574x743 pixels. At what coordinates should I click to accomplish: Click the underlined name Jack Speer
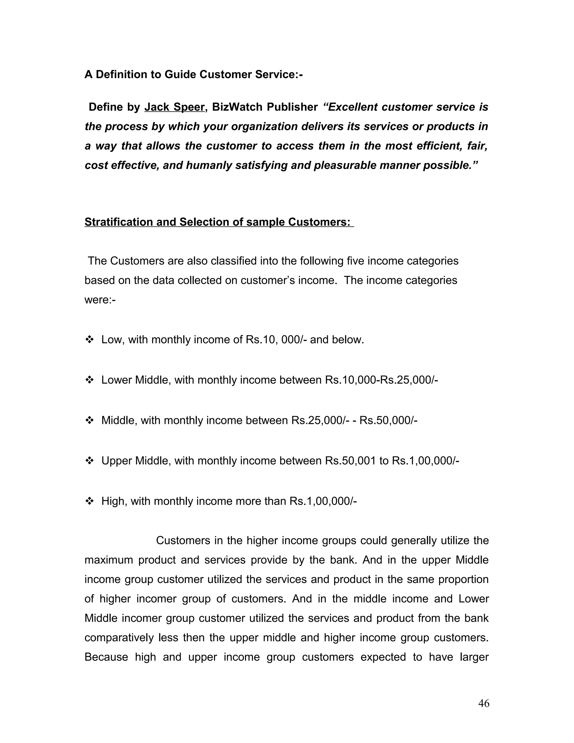pos(174,107)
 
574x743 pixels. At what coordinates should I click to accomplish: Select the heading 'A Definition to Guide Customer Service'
pos(193,74)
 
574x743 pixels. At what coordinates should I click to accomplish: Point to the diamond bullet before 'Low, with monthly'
pos(89,339)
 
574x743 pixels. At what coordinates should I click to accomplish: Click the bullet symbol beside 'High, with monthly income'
pos(89,501)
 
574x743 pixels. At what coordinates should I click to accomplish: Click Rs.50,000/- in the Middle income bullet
pos(388,420)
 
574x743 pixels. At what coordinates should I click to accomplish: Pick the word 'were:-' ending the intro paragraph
pos(100,300)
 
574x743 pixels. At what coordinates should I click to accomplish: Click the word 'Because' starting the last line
pos(106,657)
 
